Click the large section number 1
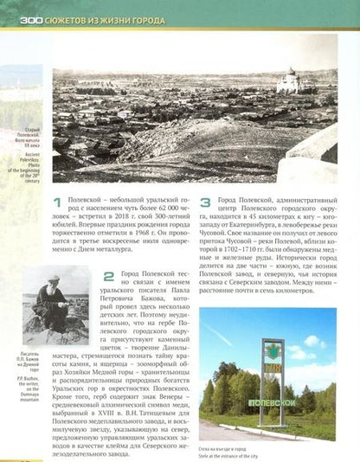(57, 204)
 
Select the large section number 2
(108, 277)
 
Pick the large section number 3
(205, 204)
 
